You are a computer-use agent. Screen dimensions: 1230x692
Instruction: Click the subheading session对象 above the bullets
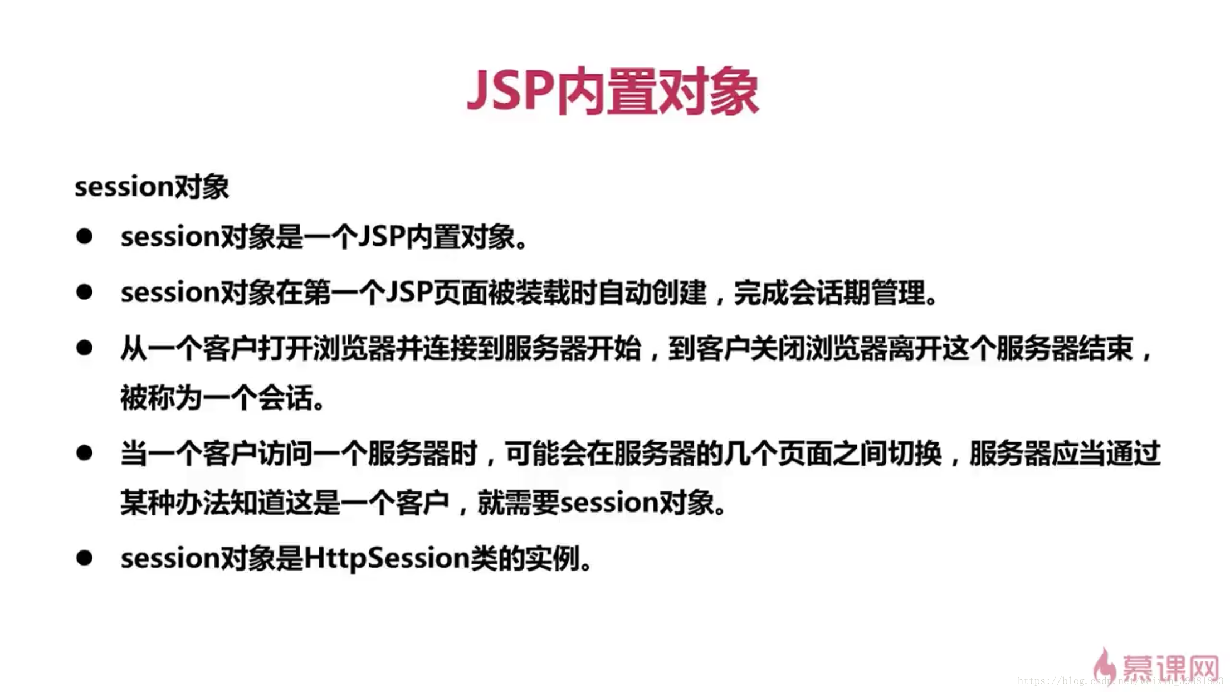pyautogui.click(x=152, y=187)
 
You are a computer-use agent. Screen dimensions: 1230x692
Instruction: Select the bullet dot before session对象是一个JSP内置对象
pyautogui.click(x=84, y=236)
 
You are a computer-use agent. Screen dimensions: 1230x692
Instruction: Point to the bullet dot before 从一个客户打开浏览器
pyautogui.click(x=84, y=348)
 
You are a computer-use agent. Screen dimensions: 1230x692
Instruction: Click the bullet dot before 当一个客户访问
pyautogui.click(x=84, y=452)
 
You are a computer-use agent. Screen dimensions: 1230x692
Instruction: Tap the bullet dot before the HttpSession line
pyautogui.click(x=84, y=557)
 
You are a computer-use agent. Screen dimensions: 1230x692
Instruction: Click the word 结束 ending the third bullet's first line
pyautogui.click(x=1106, y=349)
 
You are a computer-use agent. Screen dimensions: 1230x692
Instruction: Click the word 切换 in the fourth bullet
pyautogui.click(x=914, y=454)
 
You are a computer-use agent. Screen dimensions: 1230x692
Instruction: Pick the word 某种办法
pyautogui.click(x=175, y=503)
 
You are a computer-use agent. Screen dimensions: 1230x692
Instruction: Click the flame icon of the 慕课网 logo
pyautogui.click(x=1104, y=666)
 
